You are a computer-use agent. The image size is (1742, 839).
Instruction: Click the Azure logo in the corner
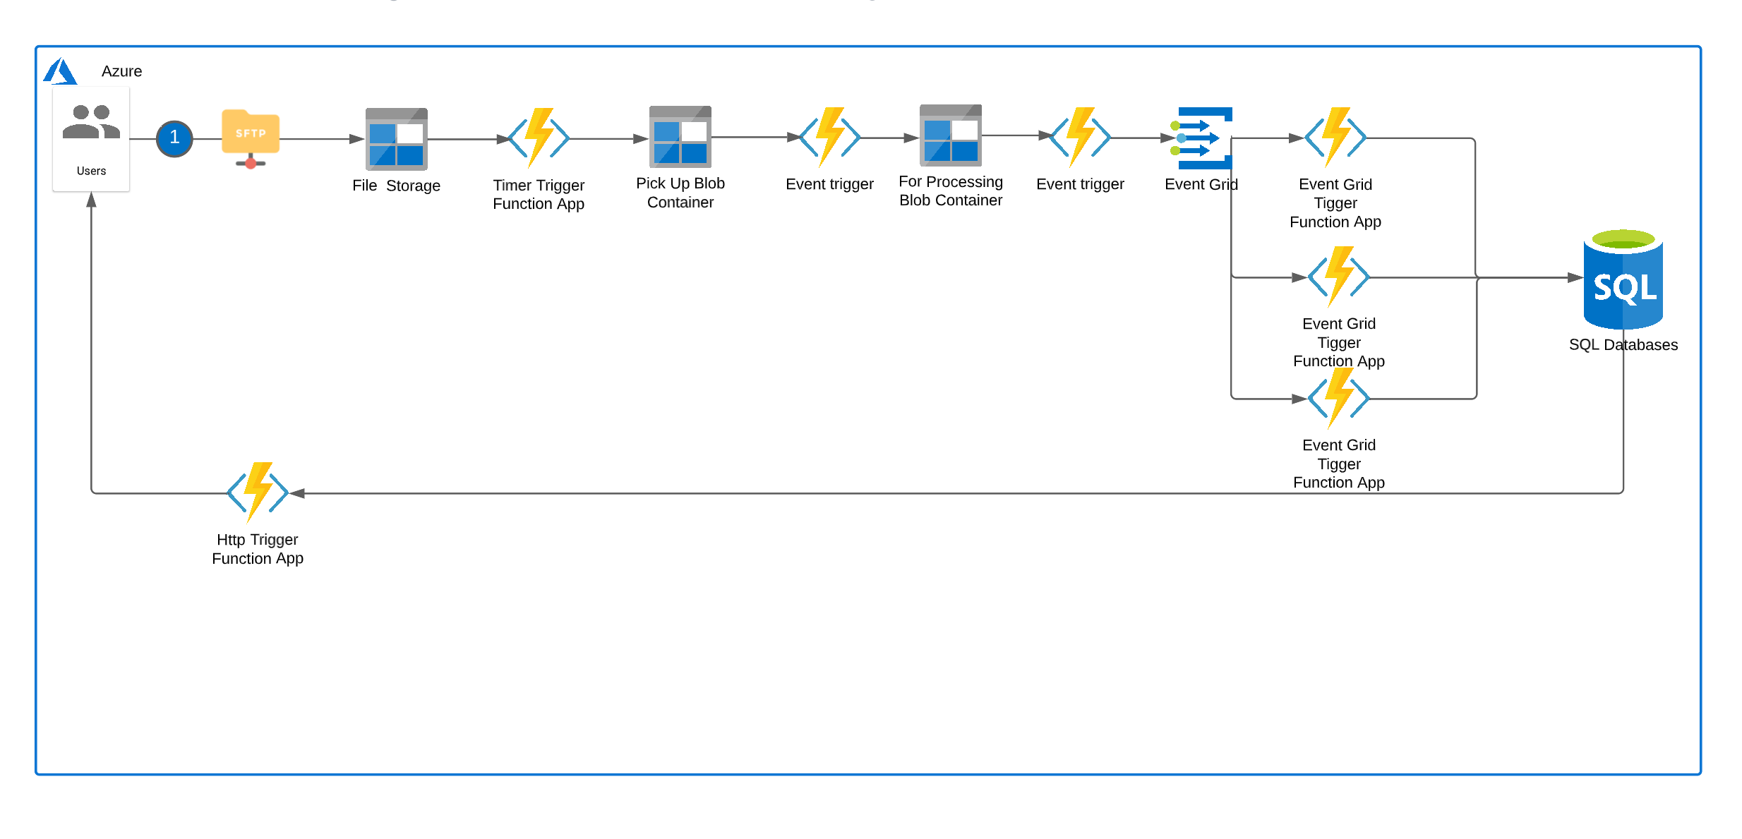(x=60, y=71)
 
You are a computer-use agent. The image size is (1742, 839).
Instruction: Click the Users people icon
(x=91, y=122)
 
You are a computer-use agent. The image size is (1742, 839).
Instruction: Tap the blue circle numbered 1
(x=174, y=138)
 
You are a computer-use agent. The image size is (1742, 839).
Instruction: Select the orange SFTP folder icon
(x=251, y=133)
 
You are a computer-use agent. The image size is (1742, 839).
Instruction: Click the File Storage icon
(x=396, y=139)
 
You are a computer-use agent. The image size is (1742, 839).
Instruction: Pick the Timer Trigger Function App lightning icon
(x=539, y=138)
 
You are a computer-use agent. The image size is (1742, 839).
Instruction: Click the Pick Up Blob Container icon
(x=680, y=136)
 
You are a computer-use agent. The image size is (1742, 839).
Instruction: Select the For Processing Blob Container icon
(x=950, y=135)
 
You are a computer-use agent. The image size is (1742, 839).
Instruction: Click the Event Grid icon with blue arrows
(x=1203, y=138)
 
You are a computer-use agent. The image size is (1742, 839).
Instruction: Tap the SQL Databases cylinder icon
(x=1623, y=280)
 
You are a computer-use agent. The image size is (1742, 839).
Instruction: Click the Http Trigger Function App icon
(x=258, y=492)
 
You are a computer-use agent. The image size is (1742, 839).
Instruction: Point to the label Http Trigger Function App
(x=258, y=549)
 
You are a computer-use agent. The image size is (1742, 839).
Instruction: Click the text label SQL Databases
(x=1623, y=345)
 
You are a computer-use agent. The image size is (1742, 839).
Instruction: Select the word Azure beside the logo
(x=121, y=71)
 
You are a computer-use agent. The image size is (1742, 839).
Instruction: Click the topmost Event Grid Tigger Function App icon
(x=1335, y=137)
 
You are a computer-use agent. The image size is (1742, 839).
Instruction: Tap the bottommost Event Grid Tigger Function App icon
(x=1338, y=398)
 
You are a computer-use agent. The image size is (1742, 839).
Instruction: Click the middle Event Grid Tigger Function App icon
(x=1338, y=277)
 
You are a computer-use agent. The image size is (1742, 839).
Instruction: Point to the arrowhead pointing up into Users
(x=91, y=200)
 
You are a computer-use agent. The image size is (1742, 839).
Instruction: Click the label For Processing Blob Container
(x=950, y=191)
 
